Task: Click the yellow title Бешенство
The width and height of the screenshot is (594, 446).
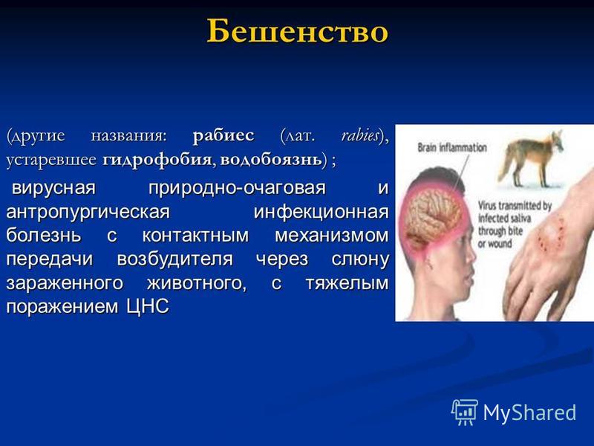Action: [298, 30]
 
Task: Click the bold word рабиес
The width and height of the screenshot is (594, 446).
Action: [223, 135]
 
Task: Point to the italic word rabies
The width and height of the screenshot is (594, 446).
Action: [360, 135]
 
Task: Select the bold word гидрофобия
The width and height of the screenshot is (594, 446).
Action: [157, 159]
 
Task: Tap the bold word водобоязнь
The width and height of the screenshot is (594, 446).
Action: [271, 159]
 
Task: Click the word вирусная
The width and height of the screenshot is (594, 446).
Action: [53, 187]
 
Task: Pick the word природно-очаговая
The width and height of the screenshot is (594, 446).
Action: [237, 187]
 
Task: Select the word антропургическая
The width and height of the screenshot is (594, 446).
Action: [88, 211]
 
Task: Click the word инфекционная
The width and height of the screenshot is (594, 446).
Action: [322, 211]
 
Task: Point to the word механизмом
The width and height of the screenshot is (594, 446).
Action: [332, 235]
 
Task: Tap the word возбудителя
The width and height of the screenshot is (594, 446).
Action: [174, 259]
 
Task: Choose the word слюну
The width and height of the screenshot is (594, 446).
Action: [360, 259]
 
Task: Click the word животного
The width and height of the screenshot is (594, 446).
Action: [197, 283]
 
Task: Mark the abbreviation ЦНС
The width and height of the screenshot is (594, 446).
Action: [148, 306]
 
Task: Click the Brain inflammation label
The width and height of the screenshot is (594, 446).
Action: [452, 147]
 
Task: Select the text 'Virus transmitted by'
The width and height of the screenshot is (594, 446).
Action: [515, 206]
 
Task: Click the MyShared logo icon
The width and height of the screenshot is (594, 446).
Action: [464, 412]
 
